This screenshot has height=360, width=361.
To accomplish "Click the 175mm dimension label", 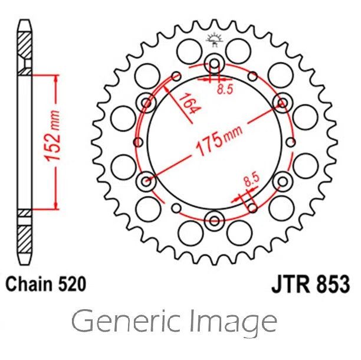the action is [x=219, y=140].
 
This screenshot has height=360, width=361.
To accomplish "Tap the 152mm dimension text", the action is [x=52, y=136].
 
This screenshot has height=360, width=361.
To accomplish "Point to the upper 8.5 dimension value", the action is [x=225, y=89].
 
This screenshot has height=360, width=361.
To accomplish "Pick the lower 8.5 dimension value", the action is [x=252, y=179].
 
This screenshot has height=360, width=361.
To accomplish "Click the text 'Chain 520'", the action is [x=46, y=284].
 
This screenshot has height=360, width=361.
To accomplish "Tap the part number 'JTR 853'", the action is [x=311, y=284].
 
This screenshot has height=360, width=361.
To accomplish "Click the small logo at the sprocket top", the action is [x=215, y=40].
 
